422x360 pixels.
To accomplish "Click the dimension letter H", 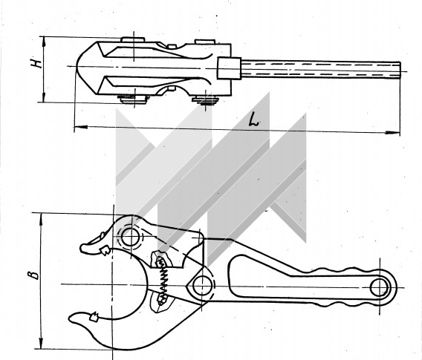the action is click(x=36, y=63).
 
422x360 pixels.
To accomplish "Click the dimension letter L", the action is click(x=253, y=120).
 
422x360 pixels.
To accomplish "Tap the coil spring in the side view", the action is click(x=163, y=280).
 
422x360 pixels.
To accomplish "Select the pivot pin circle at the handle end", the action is click(x=380, y=287).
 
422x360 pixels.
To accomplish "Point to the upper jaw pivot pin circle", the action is click(x=131, y=237).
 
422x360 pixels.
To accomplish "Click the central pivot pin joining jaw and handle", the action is click(x=202, y=286).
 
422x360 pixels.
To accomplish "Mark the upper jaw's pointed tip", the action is click(x=81, y=248).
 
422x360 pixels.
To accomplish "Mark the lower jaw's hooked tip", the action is click(x=70, y=318).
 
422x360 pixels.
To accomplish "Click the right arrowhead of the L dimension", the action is click(x=395, y=132).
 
